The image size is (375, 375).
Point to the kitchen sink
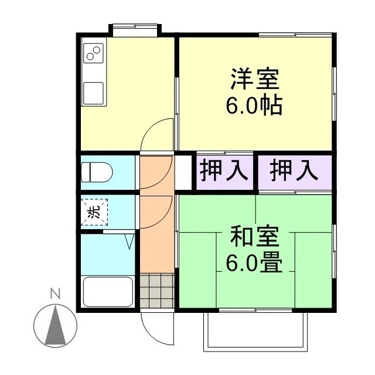93,92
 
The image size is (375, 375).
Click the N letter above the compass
54,294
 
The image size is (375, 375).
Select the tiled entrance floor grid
157,290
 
